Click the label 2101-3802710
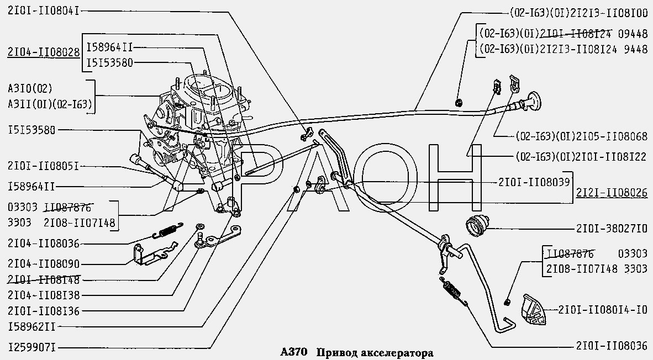coord(611,227)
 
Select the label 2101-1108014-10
coord(604,309)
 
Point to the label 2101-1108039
coord(533,182)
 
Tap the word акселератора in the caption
coord(397,352)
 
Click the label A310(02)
coord(30,88)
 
